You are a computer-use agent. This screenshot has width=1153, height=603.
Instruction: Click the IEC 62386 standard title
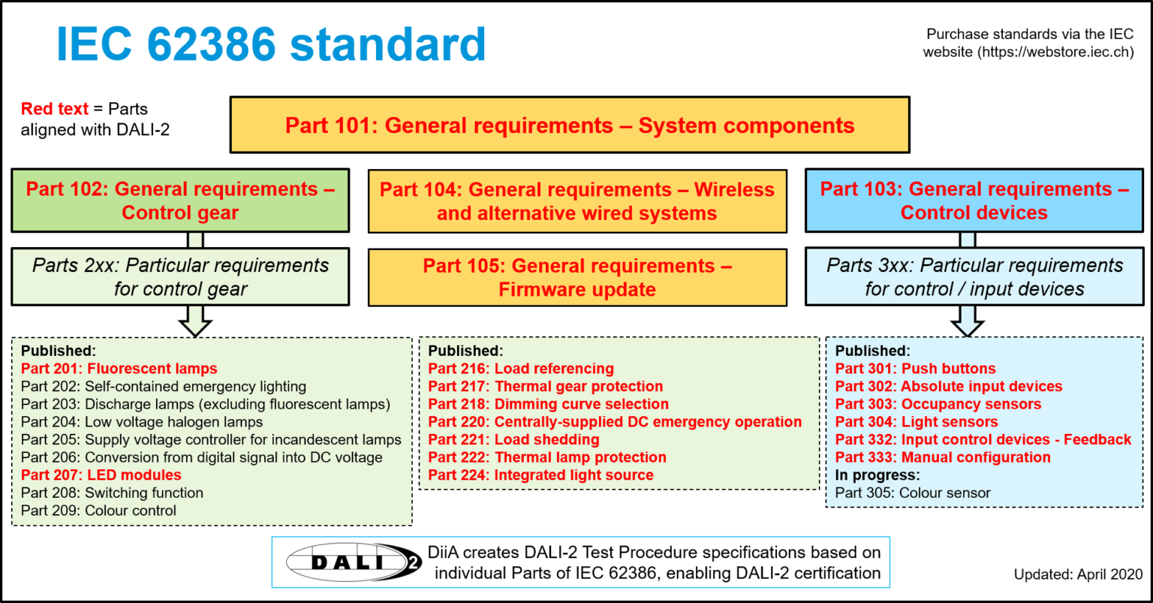(x=271, y=44)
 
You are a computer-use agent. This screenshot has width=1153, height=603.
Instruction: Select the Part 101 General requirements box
(x=570, y=125)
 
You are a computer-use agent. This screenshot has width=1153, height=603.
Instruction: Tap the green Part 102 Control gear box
(x=180, y=200)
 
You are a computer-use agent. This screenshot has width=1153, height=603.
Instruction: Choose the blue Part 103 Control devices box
(x=974, y=200)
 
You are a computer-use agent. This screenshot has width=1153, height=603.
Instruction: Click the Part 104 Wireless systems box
(x=577, y=200)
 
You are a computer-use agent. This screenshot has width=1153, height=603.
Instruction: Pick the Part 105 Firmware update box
(x=577, y=278)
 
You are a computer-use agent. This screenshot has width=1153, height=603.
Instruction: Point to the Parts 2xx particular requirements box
(x=180, y=277)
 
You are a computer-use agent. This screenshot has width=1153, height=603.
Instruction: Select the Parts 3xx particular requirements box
(x=974, y=277)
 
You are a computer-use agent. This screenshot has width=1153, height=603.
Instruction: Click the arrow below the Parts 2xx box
(x=195, y=321)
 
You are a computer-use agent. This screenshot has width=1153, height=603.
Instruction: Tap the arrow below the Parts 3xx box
(x=967, y=321)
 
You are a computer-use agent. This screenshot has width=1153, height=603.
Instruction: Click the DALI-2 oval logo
(x=354, y=562)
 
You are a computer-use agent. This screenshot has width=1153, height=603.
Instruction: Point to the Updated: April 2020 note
(x=1078, y=574)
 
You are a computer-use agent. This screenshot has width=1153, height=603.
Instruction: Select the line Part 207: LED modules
(x=101, y=475)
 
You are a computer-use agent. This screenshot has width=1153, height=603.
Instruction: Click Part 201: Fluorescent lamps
(x=119, y=369)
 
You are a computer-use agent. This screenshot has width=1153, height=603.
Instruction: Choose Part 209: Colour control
(x=98, y=511)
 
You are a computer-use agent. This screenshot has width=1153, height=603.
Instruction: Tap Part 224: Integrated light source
(x=540, y=475)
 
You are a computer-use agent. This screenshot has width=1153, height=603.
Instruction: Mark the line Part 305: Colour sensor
(x=913, y=493)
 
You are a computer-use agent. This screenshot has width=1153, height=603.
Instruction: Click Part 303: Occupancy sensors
(x=938, y=404)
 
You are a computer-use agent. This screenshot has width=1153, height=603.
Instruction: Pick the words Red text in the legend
(x=55, y=109)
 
